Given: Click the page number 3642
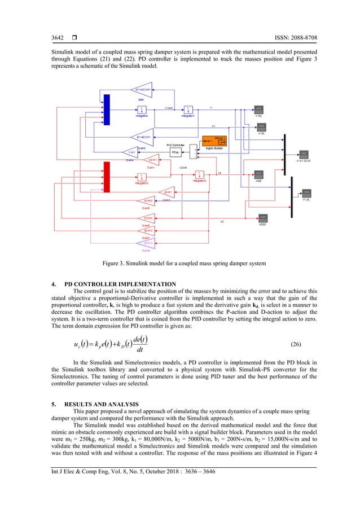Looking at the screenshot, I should coord(51,38).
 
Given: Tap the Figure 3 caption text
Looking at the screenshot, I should coord(180,263).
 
